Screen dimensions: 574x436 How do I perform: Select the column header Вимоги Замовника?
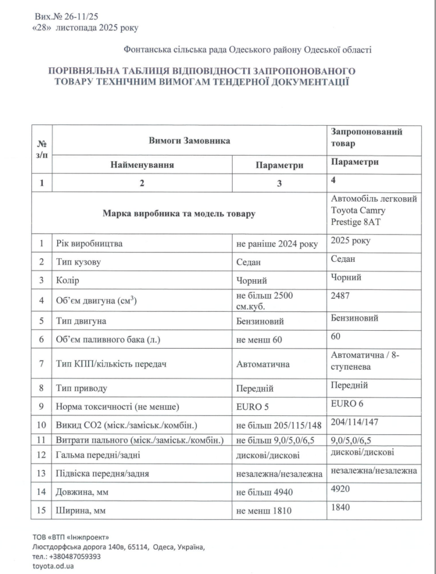pos(189,141)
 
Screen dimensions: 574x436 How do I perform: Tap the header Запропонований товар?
pos(367,137)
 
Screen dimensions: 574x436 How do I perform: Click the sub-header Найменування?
pos(142,165)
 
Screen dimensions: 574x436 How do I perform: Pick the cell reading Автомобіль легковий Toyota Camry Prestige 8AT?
pos(374,210)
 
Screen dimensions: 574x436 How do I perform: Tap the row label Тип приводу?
pos(82,388)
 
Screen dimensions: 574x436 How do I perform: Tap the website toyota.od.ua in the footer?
pos(54,566)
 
